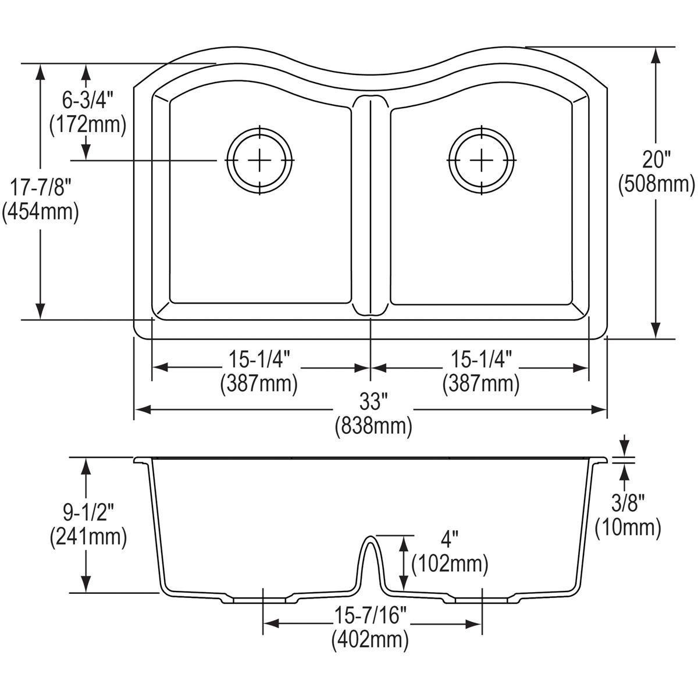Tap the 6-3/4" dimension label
point(88,101)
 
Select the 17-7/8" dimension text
point(40,187)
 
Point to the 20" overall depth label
point(656,158)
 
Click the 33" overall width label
point(373,401)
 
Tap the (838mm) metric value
point(373,427)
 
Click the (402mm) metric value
point(370,640)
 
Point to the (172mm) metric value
point(88,124)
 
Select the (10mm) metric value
point(627,528)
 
